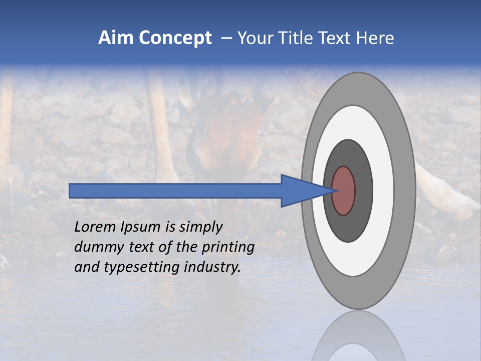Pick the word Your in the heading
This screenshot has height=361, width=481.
point(257,38)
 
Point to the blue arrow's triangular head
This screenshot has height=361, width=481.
point(301,191)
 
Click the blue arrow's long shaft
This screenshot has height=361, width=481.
point(175,191)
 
